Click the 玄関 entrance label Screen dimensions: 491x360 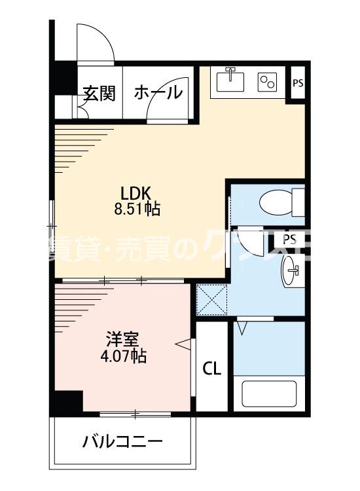click(x=99, y=94)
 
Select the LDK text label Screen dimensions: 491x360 click(x=135, y=193)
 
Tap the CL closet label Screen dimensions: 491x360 click(x=211, y=368)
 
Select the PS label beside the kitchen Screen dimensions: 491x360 click(x=298, y=83)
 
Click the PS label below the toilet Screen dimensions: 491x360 click(x=289, y=238)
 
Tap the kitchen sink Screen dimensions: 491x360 click(x=230, y=81)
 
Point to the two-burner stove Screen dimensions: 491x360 click(x=268, y=81)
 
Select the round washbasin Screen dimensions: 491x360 click(x=293, y=270)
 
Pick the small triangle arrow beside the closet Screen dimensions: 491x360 click(x=184, y=342)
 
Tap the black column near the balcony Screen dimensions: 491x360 click(x=68, y=401)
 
